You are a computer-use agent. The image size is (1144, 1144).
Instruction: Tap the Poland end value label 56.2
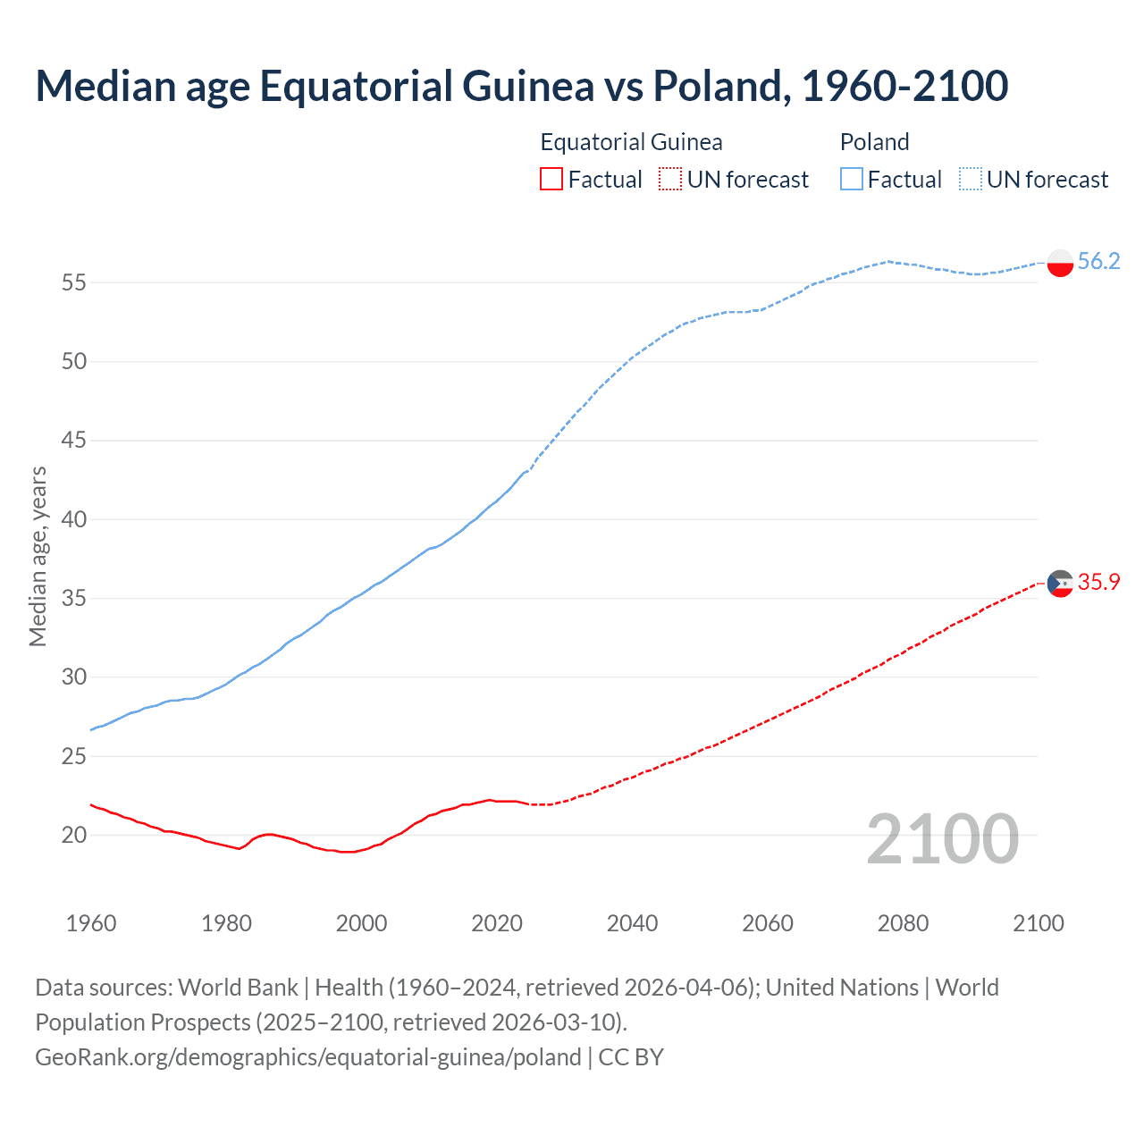[x=1098, y=261]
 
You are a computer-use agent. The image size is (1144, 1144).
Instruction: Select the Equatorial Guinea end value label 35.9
[x=1098, y=582]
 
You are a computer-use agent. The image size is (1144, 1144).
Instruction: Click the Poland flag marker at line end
[x=1060, y=263]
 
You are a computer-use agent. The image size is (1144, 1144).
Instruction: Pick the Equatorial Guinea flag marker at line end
[x=1060, y=583]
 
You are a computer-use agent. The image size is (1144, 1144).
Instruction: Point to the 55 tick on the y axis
[x=73, y=282]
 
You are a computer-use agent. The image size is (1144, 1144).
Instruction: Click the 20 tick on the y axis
[x=73, y=835]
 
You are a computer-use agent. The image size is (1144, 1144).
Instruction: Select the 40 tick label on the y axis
[x=73, y=519]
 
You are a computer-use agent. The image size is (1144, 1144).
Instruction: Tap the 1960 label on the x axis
[x=91, y=923]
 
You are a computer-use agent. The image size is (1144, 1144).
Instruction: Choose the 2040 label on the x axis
[x=632, y=923]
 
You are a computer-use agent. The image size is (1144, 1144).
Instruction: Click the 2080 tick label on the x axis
[x=903, y=923]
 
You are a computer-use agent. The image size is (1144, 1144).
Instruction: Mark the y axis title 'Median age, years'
[x=38, y=556]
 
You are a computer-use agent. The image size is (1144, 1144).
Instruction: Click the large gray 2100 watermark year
[x=942, y=838]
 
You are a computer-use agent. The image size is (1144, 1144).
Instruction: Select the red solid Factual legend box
[x=551, y=180]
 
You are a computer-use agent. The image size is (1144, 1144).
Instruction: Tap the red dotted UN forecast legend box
[x=670, y=180]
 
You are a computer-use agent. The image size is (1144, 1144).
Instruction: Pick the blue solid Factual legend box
[x=852, y=180]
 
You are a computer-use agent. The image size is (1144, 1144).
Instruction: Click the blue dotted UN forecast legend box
[x=970, y=180]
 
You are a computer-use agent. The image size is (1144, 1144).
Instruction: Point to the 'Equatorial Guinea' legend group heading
[x=631, y=142]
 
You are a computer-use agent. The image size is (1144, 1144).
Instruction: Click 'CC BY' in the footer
[x=631, y=1057]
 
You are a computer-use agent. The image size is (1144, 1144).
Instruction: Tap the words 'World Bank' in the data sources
[x=238, y=988]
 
